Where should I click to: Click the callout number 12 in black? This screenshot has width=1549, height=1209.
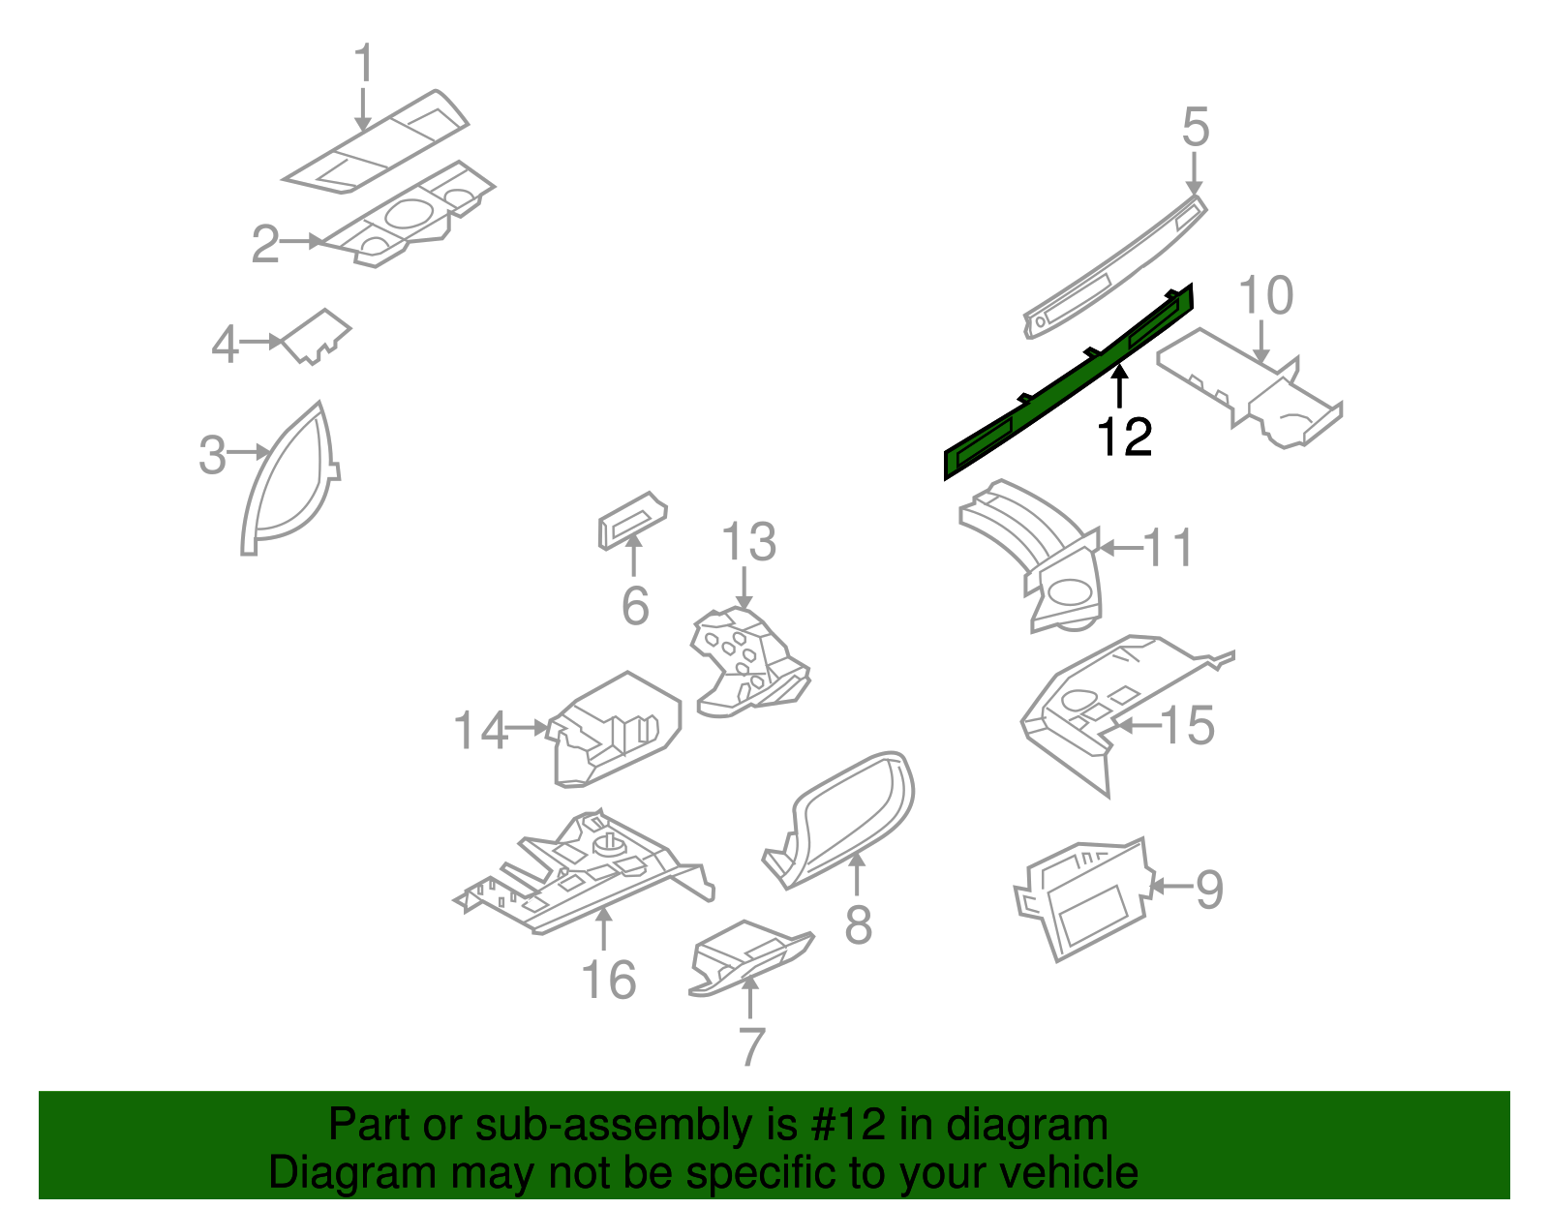(1124, 438)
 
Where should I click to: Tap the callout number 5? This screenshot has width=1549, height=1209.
(1196, 128)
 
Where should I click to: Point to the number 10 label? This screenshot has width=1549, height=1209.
(1265, 295)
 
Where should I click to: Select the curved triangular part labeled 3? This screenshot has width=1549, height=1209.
(287, 484)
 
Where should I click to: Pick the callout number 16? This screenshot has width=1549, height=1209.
(608, 980)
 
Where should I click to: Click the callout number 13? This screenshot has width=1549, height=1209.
(748, 542)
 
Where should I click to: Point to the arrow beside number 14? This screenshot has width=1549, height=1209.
(529, 728)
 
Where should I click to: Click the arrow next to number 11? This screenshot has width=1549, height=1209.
(1121, 548)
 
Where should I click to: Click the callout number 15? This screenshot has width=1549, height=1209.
(1187, 725)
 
